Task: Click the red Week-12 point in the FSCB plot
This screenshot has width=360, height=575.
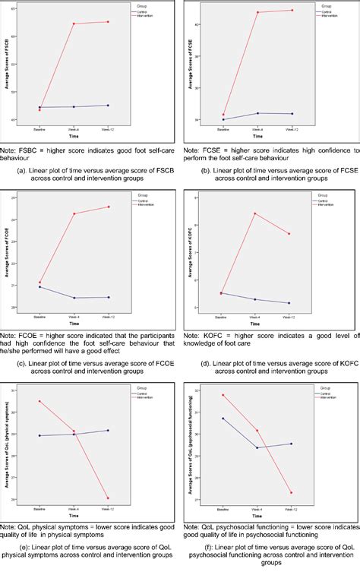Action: coord(108,22)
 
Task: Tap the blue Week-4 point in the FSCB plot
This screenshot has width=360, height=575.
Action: coord(74,106)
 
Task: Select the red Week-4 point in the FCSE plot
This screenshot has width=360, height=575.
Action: coord(257,13)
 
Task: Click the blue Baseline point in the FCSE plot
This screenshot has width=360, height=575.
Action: coord(223,119)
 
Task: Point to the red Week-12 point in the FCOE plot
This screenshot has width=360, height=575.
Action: coord(108,207)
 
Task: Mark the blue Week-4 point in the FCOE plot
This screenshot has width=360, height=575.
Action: coord(74,298)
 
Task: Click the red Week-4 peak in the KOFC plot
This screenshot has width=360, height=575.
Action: coord(255,213)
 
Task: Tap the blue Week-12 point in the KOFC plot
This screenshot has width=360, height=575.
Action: coord(289,303)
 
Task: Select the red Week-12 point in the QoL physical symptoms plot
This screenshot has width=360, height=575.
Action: coord(108,498)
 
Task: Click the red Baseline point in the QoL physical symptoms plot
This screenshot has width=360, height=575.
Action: coord(39,401)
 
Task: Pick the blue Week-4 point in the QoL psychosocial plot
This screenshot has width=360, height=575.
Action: coord(257,447)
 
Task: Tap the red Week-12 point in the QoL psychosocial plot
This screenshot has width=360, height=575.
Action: coord(290,492)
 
